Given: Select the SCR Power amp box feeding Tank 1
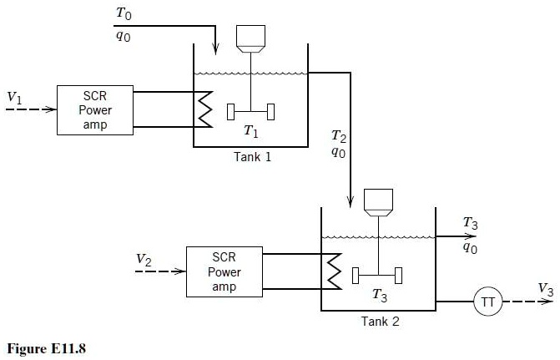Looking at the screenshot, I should pyautogui.click(x=95, y=109).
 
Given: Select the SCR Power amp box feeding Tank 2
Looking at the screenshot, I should pyautogui.click(x=225, y=271).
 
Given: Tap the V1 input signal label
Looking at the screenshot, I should pyautogui.click(x=14, y=99).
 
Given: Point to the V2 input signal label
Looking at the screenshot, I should pyautogui.click(x=144, y=260).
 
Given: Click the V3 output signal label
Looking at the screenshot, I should pyautogui.click(x=545, y=289).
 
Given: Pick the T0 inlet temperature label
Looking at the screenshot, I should pyautogui.click(x=123, y=14).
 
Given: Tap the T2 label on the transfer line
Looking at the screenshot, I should pyautogui.click(x=338, y=135).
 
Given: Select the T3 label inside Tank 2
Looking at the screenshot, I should pyautogui.click(x=380, y=295).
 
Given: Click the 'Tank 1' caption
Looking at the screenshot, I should pyautogui.click(x=252, y=156).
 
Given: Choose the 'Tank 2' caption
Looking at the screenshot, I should pyautogui.click(x=380, y=321).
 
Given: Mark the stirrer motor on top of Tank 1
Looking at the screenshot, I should pyautogui.click(x=251, y=36).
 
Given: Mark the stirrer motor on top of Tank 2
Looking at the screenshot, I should pyautogui.click(x=380, y=200).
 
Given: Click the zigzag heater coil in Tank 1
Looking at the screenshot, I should pyautogui.click(x=204, y=109).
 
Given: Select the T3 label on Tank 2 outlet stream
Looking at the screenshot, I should pyautogui.click(x=471, y=223).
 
